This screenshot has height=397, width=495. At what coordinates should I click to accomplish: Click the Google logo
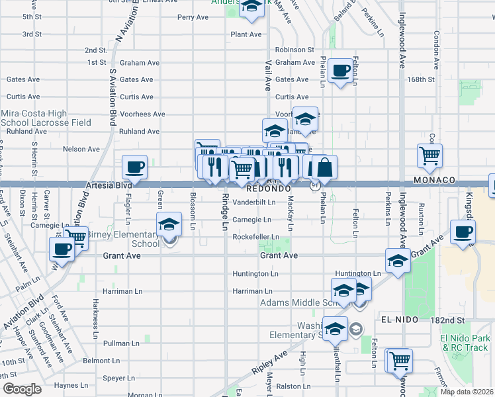[x=22, y=389]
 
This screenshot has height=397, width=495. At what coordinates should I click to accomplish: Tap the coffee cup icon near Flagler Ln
[x=135, y=168]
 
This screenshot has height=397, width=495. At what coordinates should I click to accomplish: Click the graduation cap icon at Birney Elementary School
[x=169, y=225]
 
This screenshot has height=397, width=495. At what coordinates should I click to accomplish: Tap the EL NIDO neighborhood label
[x=400, y=319]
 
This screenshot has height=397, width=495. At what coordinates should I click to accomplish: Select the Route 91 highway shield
[x=316, y=187]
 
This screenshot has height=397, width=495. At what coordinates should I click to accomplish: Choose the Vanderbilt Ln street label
[x=253, y=202]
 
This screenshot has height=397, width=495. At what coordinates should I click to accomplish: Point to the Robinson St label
[x=294, y=50]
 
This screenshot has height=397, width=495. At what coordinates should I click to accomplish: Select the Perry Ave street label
[x=193, y=17]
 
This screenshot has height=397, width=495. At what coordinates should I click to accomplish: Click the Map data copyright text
[x=467, y=392]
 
